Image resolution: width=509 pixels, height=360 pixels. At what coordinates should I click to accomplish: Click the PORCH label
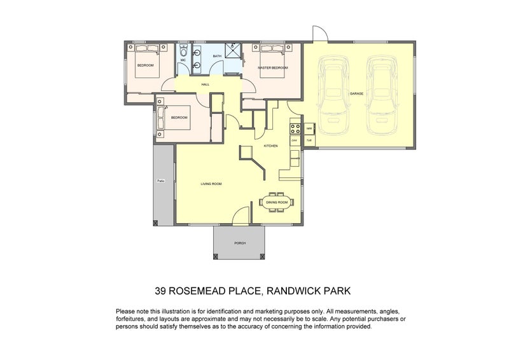click(239, 243)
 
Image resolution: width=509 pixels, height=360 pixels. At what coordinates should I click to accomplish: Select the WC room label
click(183, 60)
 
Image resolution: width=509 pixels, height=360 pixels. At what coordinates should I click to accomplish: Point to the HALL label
click(205, 84)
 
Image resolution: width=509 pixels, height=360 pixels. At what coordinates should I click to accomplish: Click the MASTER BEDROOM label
click(273, 67)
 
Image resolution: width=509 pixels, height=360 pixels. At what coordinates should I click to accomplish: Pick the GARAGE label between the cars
click(356, 93)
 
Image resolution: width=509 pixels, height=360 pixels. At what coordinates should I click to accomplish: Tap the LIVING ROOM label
click(211, 184)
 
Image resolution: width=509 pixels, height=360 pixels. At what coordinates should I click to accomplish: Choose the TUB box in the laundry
click(309, 139)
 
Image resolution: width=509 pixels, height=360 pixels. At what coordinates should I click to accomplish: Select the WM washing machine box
click(309, 127)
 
